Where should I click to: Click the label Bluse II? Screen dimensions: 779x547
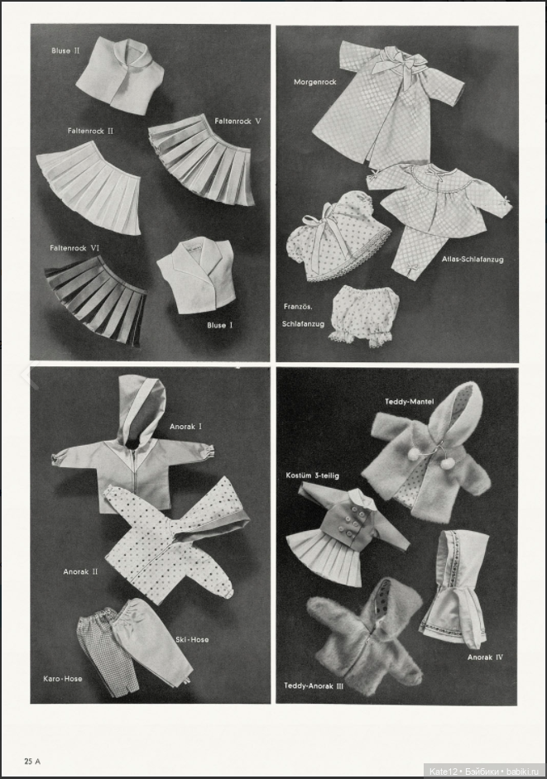tap(66, 50)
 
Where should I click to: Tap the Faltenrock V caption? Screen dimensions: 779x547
tap(238, 121)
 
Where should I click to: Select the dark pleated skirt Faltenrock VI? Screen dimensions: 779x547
tap(97, 296)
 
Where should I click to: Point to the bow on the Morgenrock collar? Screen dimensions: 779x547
tap(389, 60)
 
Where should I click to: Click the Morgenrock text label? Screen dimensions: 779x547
tap(314, 82)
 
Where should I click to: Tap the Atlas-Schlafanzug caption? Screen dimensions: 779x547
tap(473, 259)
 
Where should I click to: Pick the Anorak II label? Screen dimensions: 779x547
tap(80, 571)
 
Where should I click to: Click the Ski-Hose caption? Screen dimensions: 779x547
tap(192, 639)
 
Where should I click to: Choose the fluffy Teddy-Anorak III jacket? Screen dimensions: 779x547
tap(364, 633)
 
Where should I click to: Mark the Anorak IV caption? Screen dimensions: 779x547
tap(486, 657)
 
